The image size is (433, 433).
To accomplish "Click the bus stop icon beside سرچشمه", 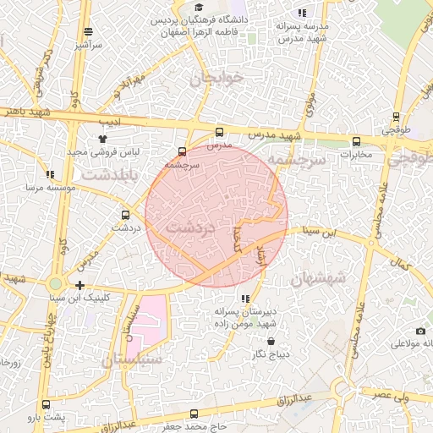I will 181,153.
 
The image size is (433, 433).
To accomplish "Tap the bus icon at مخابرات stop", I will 356,142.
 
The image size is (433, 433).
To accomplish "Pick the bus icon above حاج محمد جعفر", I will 195,414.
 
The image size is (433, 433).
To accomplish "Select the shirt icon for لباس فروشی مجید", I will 102,138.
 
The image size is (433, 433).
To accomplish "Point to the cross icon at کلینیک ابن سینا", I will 79,285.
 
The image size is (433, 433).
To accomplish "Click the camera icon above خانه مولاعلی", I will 421,331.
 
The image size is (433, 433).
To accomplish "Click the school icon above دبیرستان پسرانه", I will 245,299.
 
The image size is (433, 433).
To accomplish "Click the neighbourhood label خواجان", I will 216,79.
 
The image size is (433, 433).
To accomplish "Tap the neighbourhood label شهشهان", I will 317,277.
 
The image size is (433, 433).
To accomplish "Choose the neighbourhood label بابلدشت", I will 104,174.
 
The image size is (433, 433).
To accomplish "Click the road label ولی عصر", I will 393,393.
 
